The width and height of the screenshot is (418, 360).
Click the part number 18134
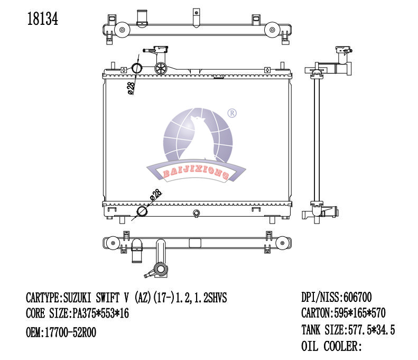click(42, 19)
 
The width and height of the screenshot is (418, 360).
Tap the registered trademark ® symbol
click(231, 113)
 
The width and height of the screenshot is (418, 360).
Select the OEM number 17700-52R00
click(61, 332)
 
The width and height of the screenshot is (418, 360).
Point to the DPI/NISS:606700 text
click(340, 297)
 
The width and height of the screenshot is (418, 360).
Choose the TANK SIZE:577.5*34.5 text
click(348, 330)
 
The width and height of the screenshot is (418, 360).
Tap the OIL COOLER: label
click(331, 347)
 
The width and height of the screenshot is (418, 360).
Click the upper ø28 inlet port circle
click(137, 68)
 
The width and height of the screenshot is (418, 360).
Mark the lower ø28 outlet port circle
click(142, 212)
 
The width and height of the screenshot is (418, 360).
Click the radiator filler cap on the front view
click(161, 68)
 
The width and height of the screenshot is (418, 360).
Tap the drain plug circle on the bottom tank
click(197, 214)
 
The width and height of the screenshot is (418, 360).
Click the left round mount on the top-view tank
click(121, 30)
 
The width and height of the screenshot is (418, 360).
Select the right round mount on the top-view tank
click(272, 30)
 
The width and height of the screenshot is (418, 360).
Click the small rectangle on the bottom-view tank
click(195, 244)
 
